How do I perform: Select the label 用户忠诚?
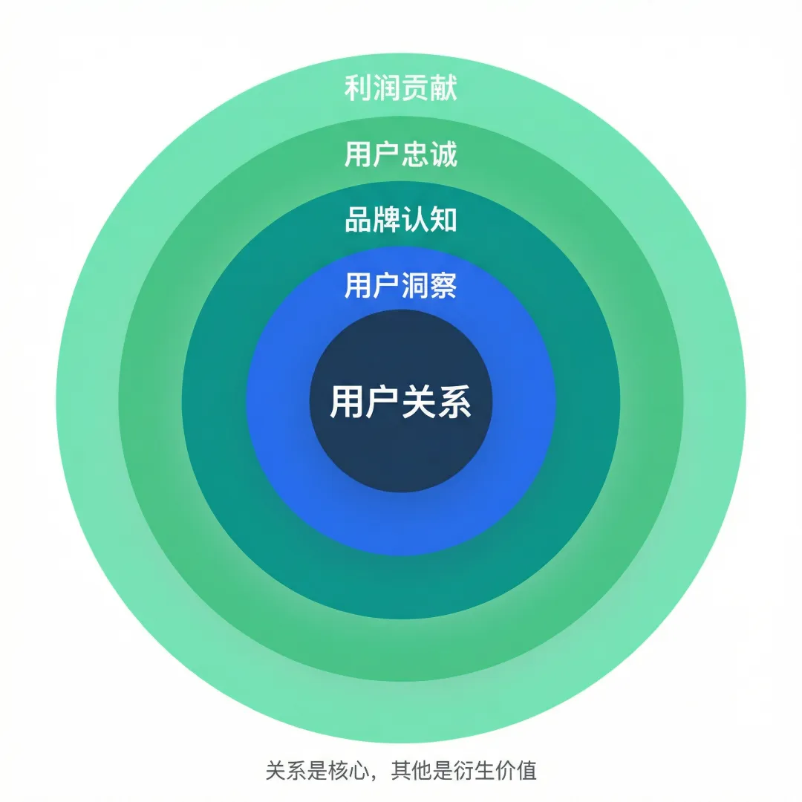tap(401, 154)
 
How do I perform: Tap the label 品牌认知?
tap(401, 220)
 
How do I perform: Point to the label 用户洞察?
tap(401, 285)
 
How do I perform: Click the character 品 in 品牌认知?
tap(359, 220)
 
